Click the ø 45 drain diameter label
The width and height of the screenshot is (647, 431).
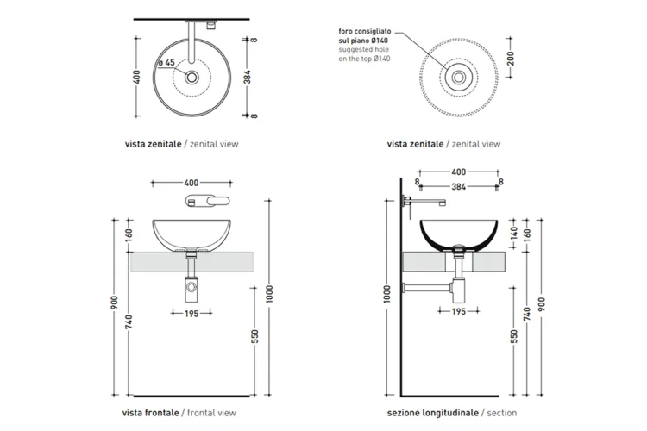[x=166, y=63]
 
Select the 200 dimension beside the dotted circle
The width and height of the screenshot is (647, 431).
[x=511, y=58]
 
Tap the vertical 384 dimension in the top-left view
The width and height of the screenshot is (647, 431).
[x=248, y=77]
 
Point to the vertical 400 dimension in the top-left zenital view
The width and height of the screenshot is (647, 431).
[x=136, y=77]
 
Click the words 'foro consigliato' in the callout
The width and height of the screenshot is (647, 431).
[x=365, y=31]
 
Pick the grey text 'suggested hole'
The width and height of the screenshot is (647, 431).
[x=363, y=49]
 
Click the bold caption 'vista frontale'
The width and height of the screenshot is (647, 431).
[x=150, y=413]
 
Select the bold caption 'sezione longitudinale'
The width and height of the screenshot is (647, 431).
[x=433, y=413]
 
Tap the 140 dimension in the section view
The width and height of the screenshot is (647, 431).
[x=513, y=234]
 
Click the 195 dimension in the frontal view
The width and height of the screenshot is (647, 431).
[x=192, y=314]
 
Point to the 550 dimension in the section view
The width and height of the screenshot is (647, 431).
[x=513, y=336]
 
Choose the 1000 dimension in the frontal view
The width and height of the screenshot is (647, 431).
[x=269, y=294]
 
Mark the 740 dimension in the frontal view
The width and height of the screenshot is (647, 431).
[x=129, y=322]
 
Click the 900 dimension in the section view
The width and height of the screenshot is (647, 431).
[x=542, y=304]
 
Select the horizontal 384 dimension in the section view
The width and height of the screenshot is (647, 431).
[x=458, y=187]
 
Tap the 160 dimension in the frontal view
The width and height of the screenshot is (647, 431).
[x=129, y=235]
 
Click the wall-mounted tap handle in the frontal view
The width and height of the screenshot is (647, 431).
[x=208, y=201]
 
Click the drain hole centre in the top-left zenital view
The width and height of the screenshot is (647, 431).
[x=192, y=77]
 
